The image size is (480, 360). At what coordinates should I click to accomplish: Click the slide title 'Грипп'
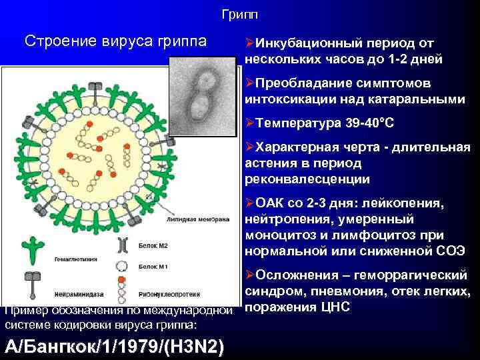click(x=239, y=14)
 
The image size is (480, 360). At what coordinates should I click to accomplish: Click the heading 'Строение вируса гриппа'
click(x=115, y=41)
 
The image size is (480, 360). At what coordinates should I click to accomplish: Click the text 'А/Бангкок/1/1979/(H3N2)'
click(x=114, y=347)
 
